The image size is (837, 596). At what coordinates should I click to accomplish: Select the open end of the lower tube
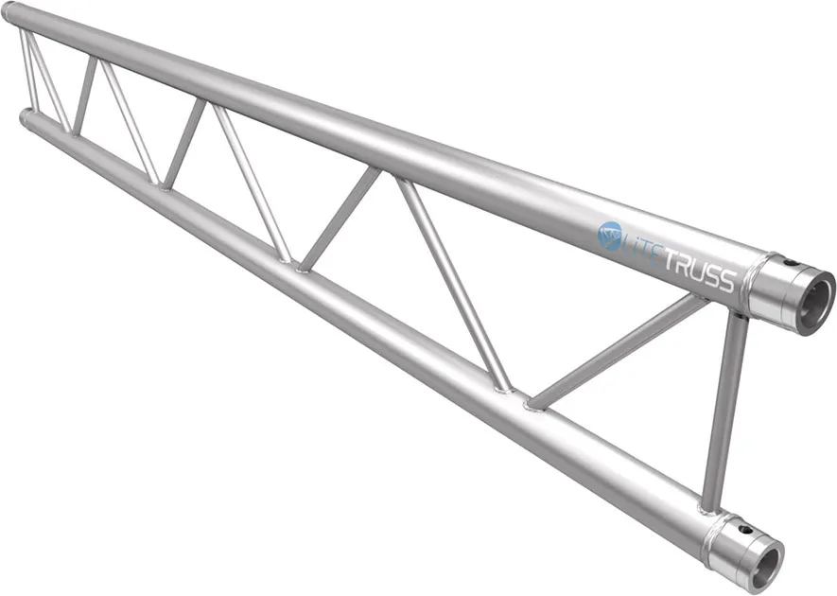pos(764,565)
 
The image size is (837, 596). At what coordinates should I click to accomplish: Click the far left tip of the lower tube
pos(23,117)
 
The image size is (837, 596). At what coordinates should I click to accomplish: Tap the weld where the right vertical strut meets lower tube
pos(712,506)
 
